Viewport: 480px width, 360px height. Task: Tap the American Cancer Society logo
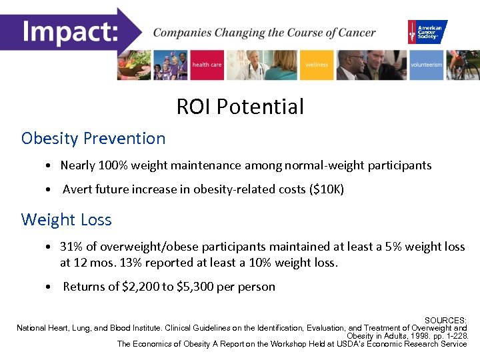427,31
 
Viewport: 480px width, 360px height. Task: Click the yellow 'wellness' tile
317,65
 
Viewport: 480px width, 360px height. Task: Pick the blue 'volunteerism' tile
426,65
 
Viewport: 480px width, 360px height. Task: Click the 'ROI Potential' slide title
240,106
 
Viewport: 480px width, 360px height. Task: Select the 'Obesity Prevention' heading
93,139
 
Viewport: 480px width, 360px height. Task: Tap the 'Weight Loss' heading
67,219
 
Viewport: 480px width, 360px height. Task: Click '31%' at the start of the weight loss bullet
71,247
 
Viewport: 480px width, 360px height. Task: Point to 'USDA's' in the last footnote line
343,344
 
